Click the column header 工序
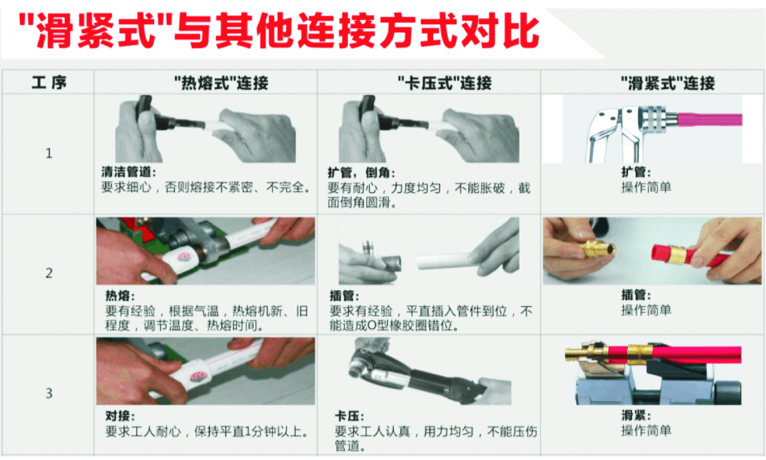(x=49, y=83)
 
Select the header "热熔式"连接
(x=221, y=83)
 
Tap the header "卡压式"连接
(x=444, y=83)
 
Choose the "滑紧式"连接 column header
(x=668, y=83)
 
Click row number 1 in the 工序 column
(x=49, y=153)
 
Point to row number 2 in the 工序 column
(x=49, y=273)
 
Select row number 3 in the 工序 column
(x=49, y=393)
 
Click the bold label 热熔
(x=120, y=295)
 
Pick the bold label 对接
(x=120, y=416)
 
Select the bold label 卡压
(x=349, y=416)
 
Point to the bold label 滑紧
(x=636, y=416)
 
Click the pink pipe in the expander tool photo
(x=710, y=120)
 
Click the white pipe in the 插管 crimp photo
(x=444, y=261)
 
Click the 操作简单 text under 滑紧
(x=646, y=431)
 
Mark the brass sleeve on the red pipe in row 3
(x=640, y=353)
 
